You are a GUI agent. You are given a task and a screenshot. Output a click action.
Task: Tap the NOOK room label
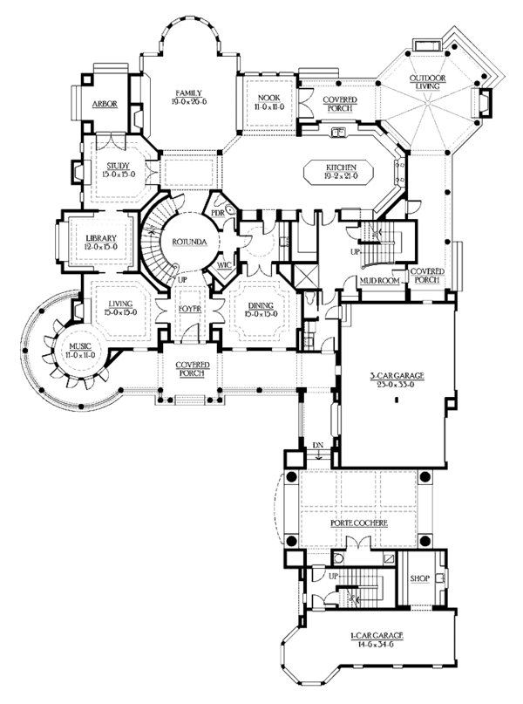click(x=267, y=96)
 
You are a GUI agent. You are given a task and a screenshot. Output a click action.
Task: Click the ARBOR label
click(x=105, y=104)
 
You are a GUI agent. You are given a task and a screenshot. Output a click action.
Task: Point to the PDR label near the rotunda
click(x=218, y=211)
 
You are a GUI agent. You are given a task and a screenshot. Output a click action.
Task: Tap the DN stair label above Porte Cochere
click(x=319, y=446)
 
